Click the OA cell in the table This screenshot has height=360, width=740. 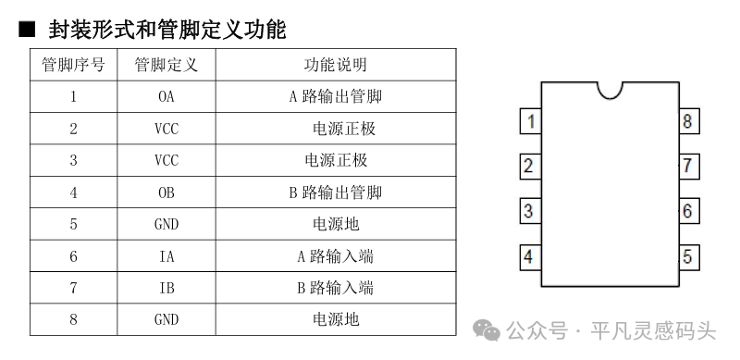[166, 97]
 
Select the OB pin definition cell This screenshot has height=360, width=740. [166, 192]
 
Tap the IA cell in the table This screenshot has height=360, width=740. [166, 256]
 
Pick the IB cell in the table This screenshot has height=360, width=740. [166, 288]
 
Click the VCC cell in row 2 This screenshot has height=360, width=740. [166, 129]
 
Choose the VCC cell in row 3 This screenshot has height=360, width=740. [166, 161]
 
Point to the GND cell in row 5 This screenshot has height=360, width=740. [166, 224]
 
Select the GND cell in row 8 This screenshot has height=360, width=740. [166, 320]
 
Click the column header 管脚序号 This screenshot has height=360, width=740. [73, 65]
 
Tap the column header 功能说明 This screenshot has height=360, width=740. [336, 65]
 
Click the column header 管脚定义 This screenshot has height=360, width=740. [166, 65]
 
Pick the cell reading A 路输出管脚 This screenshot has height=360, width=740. [336, 97]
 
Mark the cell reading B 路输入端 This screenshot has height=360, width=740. [336, 288]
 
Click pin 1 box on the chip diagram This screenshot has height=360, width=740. [530, 121]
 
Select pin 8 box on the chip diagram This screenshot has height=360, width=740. [689, 121]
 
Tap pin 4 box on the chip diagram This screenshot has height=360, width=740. [530, 257]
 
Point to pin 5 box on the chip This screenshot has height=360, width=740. [689, 257]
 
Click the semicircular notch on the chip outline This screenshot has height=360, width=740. [610, 99]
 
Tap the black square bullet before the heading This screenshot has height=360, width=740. [27, 30]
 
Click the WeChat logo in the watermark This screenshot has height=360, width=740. [487, 329]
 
